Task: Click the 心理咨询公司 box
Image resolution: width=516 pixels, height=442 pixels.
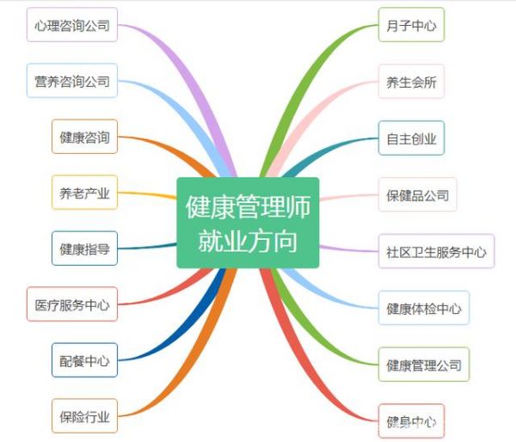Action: tap(72, 25)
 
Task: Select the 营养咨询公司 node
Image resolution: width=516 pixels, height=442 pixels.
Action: tap(72, 81)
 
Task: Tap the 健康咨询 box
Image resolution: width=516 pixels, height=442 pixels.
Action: tap(84, 137)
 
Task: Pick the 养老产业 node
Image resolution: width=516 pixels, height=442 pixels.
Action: tap(84, 193)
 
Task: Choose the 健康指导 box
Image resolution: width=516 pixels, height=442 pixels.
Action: tap(84, 249)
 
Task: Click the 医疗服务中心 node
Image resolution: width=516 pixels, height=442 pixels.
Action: tap(72, 304)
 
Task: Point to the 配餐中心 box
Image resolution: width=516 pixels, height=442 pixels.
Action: tap(84, 360)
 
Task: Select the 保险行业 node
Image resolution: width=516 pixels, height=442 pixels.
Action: tap(84, 416)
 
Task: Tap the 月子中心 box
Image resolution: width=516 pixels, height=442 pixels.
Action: tap(411, 25)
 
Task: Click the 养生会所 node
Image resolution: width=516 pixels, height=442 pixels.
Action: tap(411, 82)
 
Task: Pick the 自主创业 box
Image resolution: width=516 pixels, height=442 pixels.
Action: tap(411, 138)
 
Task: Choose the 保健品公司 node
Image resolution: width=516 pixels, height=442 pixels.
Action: tap(418, 194)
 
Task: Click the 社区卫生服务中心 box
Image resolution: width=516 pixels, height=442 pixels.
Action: tap(436, 251)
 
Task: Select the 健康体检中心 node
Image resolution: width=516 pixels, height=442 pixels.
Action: tap(424, 308)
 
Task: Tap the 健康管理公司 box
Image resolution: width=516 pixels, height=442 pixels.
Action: tap(424, 365)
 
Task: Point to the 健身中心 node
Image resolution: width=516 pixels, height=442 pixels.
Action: tap(411, 421)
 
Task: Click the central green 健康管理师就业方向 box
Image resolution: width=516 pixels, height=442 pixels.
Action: tap(248, 223)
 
